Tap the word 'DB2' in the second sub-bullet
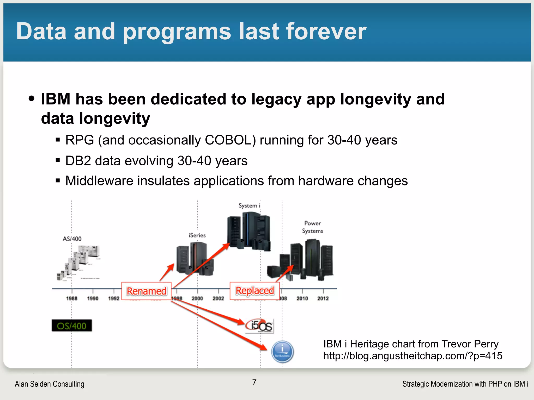(78, 161)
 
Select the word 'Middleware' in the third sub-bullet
(99, 181)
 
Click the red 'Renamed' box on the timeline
(146, 291)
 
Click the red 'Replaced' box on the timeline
(254, 291)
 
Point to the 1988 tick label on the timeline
(72, 298)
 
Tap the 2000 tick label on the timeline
(197, 298)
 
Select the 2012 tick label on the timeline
(323, 298)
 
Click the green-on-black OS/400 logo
(72, 326)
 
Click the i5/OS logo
(260, 326)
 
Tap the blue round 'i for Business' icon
(282, 352)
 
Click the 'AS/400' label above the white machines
(72, 239)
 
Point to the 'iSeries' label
(197, 235)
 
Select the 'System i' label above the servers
(249, 206)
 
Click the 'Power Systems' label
(312, 227)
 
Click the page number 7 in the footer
(254, 382)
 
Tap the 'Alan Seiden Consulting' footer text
(50, 384)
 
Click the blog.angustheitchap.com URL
(413, 356)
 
